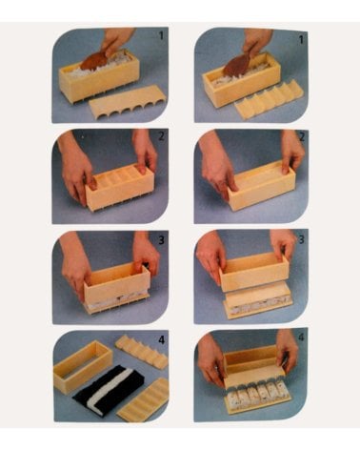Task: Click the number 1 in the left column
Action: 161,34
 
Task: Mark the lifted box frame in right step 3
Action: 253,272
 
